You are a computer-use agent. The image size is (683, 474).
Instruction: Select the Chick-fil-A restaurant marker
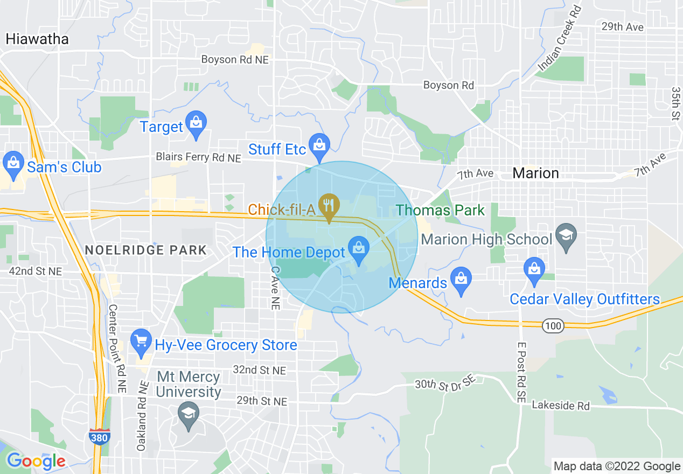[329, 206]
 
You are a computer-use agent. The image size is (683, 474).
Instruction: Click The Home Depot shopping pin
[358, 249]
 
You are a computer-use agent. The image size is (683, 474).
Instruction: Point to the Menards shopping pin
[461, 279]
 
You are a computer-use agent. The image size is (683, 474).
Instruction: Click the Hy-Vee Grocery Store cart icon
[141, 341]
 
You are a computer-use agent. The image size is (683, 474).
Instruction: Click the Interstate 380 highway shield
[100, 436]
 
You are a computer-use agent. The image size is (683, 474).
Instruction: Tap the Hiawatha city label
[37, 39]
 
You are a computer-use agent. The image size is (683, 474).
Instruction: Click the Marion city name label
[535, 173]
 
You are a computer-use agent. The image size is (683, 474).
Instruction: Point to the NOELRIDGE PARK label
[146, 250]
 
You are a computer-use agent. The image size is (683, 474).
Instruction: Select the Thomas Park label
[441, 210]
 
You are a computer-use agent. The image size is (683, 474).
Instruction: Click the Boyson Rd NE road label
[235, 60]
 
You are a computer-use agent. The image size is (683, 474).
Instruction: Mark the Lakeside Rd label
[561, 406]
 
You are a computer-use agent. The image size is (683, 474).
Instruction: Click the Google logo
[36, 461]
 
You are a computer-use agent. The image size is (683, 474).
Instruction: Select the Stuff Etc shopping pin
[320, 144]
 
